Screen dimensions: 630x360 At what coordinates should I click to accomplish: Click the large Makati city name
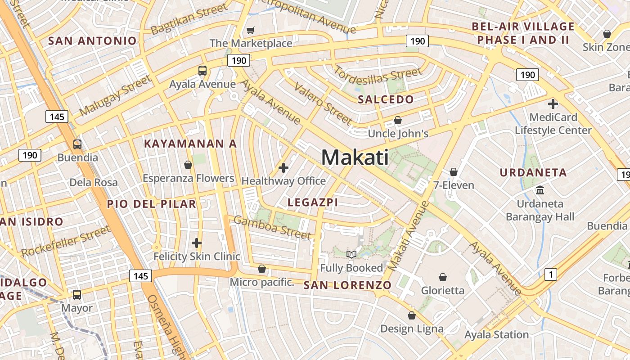(355, 157)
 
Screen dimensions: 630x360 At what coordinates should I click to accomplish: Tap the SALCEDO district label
(386, 99)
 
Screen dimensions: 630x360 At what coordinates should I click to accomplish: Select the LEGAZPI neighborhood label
(313, 202)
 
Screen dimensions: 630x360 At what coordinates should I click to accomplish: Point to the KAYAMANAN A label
(190, 144)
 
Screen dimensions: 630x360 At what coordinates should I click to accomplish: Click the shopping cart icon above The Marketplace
(251, 31)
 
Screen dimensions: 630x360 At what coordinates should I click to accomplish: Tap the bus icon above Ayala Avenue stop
(202, 71)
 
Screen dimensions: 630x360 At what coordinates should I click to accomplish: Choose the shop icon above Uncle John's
(398, 120)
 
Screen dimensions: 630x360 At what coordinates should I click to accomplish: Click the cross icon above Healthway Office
(283, 168)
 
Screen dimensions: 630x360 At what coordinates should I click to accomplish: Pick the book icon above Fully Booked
(351, 255)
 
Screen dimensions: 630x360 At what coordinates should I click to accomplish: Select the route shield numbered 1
(550, 274)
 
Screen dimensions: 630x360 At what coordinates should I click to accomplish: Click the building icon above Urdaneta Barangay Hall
(540, 190)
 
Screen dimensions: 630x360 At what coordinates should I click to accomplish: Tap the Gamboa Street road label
(272, 227)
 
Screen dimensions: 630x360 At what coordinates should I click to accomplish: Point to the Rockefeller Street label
(66, 242)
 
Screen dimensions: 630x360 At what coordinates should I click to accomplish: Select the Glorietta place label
(443, 290)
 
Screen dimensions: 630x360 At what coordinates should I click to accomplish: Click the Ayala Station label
(496, 334)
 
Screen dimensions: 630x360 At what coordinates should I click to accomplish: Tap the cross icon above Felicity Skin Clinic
(197, 243)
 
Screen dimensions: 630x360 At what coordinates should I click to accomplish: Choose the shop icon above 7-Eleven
(454, 172)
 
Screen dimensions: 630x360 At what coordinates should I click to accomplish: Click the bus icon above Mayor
(77, 295)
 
